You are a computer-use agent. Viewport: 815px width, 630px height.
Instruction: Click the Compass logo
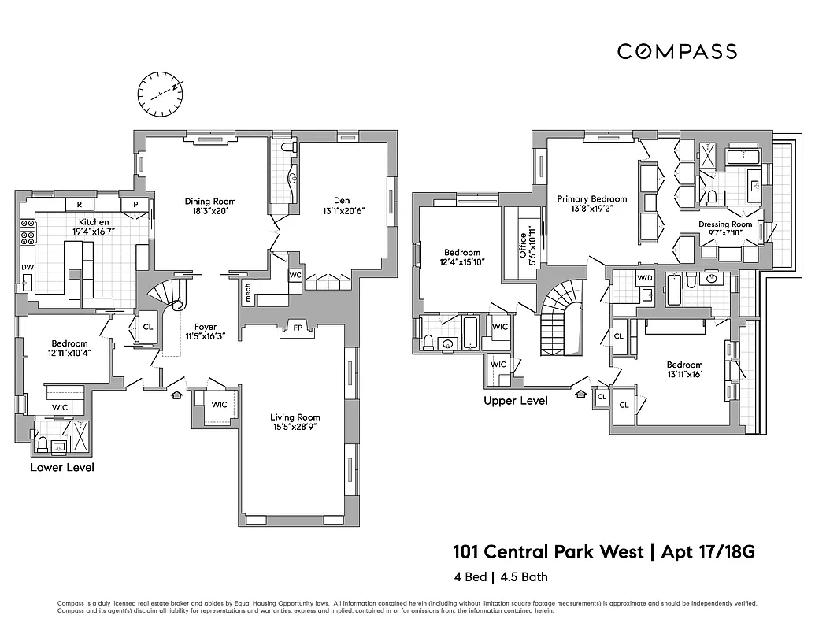click(x=676, y=52)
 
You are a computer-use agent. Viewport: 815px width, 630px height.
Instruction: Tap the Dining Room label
click(x=210, y=202)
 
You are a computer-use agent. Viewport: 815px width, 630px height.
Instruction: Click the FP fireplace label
click(x=298, y=327)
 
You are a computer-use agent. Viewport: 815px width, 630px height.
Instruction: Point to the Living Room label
click(x=295, y=417)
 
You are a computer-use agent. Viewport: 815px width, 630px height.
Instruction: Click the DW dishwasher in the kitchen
click(x=28, y=267)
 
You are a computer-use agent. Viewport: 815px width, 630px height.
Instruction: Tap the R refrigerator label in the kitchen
click(x=80, y=204)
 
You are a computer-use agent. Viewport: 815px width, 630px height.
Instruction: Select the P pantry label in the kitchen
click(x=135, y=204)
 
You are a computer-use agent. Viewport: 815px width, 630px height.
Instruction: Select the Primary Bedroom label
click(x=591, y=199)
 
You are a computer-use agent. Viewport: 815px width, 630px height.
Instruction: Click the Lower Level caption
click(x=62, y=468)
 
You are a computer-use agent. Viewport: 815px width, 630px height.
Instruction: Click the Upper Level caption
click(x=516, y=401)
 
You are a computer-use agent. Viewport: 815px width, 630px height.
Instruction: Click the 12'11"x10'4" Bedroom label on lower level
click(x=70, y=349)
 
